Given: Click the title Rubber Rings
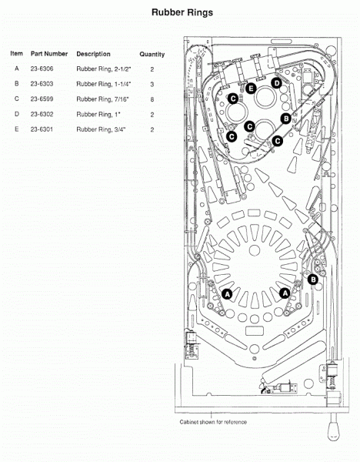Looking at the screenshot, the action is coord(182,12).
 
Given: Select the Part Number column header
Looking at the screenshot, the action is coord(49,54).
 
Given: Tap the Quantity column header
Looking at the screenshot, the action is coord(152,54).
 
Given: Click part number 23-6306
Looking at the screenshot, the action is coord(42,69).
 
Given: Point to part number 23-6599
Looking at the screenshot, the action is coord(42,99).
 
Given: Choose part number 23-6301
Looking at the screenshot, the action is coord(42,129).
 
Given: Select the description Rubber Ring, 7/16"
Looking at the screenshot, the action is coord(103,99).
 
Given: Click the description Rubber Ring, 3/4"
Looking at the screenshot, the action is coord(101,129).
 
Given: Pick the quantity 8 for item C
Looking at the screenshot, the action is coord(152,99).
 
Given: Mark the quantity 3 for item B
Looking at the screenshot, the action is coord(152,84).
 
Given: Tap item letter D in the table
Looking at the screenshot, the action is coord(17,114).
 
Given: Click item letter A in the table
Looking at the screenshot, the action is coord(17,69).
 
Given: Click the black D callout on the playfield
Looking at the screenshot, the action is coord(277,83).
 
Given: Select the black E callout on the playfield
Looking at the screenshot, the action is coord(251,89).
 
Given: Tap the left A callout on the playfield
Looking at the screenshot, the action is coord(227,294).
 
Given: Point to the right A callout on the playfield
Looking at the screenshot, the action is coord(285,293).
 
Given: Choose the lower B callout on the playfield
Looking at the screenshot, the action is coord(313,280).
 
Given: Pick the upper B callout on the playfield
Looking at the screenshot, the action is coord(286,119).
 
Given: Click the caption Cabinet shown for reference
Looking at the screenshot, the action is coord(213,422).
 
